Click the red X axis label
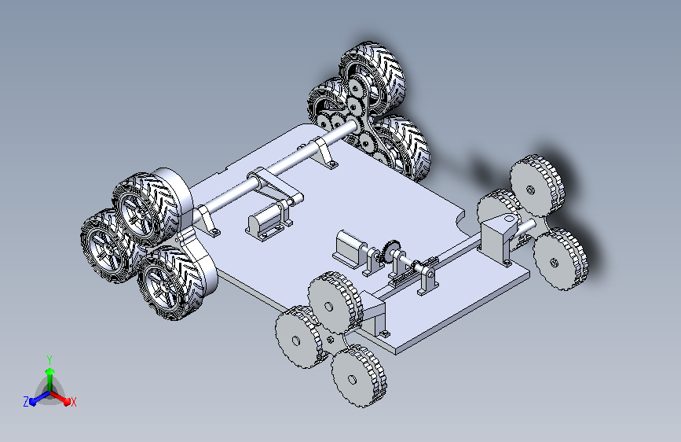pyautogui.click(x=73, y=402)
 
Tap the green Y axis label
pyautogui.click(x=49, y=360)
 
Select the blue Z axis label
pyautogui.click(x=26, y=402)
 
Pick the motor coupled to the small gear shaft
pyautogui.click(x=350, y=248)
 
